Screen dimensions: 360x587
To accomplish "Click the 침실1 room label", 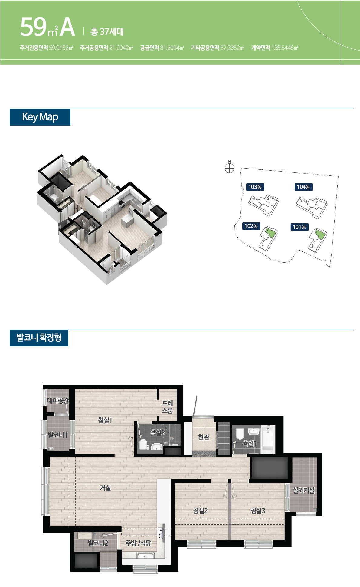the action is coord(105,420).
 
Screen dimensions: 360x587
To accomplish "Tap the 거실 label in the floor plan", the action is coord(105,488).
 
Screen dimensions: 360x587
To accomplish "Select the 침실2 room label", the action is coord(201,511).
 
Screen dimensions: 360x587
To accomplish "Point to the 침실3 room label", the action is coord(258,511).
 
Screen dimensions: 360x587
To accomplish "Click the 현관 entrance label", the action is coord(204,437).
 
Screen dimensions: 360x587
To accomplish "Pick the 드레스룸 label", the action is coord(167,407).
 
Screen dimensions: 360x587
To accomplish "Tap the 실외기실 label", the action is coord(303,490).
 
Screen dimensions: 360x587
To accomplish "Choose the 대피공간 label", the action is coord(58,401).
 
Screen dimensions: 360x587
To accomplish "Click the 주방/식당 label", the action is coord(138,543).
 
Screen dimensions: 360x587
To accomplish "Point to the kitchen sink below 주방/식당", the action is coord(146,556).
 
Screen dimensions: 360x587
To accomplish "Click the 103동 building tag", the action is coord(255,187).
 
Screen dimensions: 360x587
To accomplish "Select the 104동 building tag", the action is coord(303,187).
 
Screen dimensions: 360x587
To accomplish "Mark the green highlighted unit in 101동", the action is coord(320,234).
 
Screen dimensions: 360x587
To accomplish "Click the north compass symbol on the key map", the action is coord(230,167).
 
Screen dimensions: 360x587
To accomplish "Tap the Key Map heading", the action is coord(40,117).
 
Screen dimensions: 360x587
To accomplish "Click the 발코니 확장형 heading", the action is coord(39,338).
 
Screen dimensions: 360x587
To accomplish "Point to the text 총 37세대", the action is coord(107,31).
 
